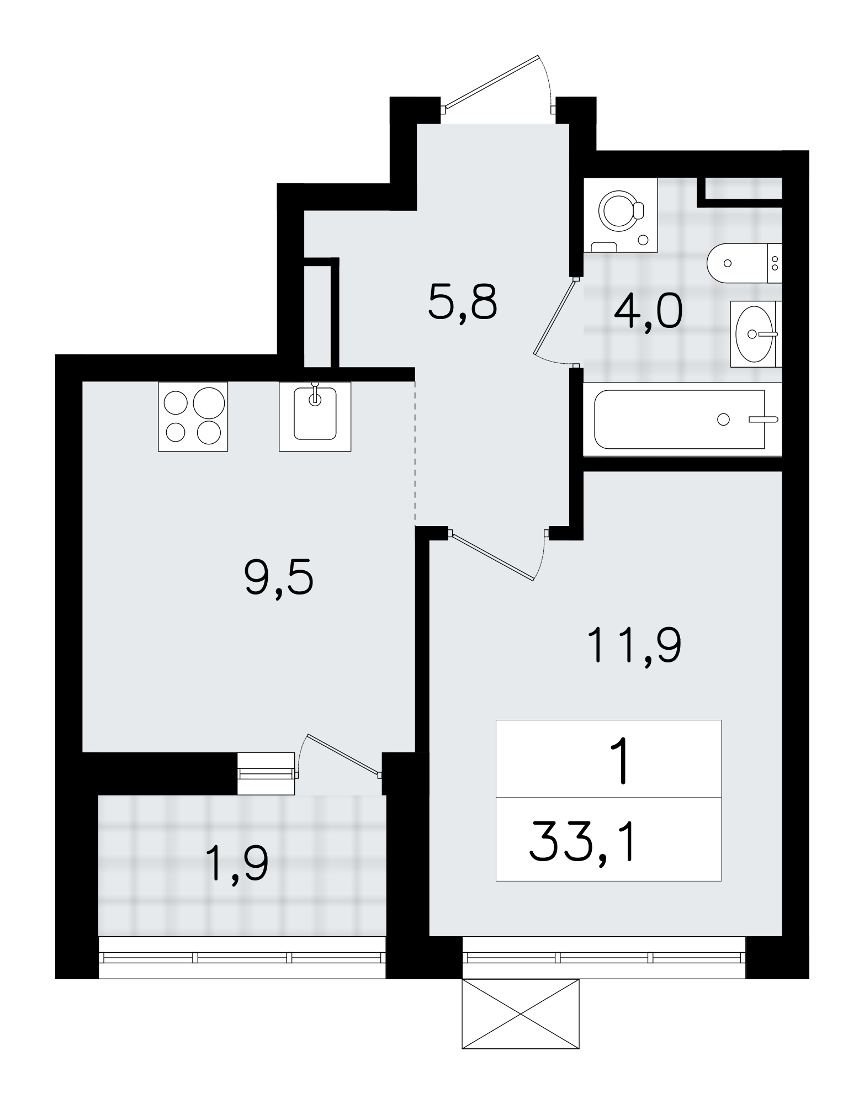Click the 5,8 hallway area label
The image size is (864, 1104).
[463, 302]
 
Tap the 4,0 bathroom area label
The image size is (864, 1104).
[648, 312]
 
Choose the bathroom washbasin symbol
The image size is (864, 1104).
[754, 333]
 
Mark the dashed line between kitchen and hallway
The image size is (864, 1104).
[415, 453]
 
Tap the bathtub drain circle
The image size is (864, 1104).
[723, 420]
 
